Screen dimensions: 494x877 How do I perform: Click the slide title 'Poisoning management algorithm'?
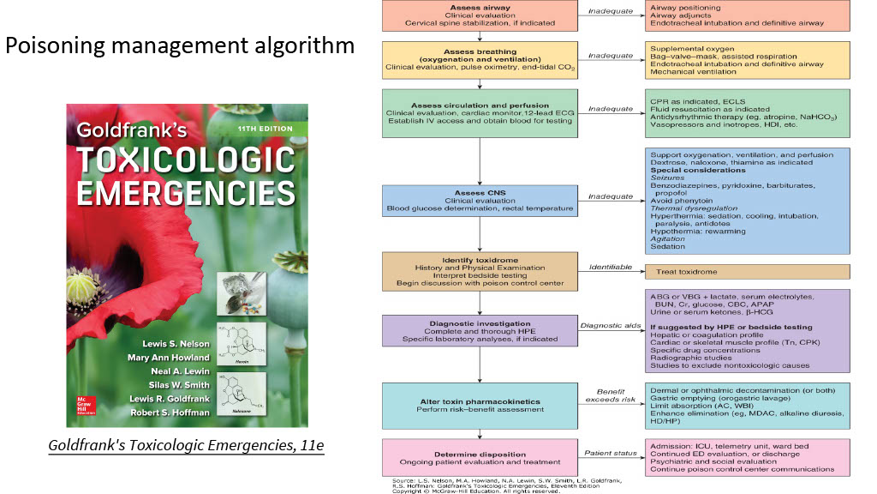[x=180, y=45]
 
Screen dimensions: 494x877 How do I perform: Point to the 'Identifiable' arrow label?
[x=610, y=268]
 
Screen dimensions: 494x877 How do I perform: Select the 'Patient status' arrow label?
[x=610, y=451]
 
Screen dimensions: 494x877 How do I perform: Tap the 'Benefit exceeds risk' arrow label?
[x=610, y=397]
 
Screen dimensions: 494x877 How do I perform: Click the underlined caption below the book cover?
[x=186, y=446]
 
